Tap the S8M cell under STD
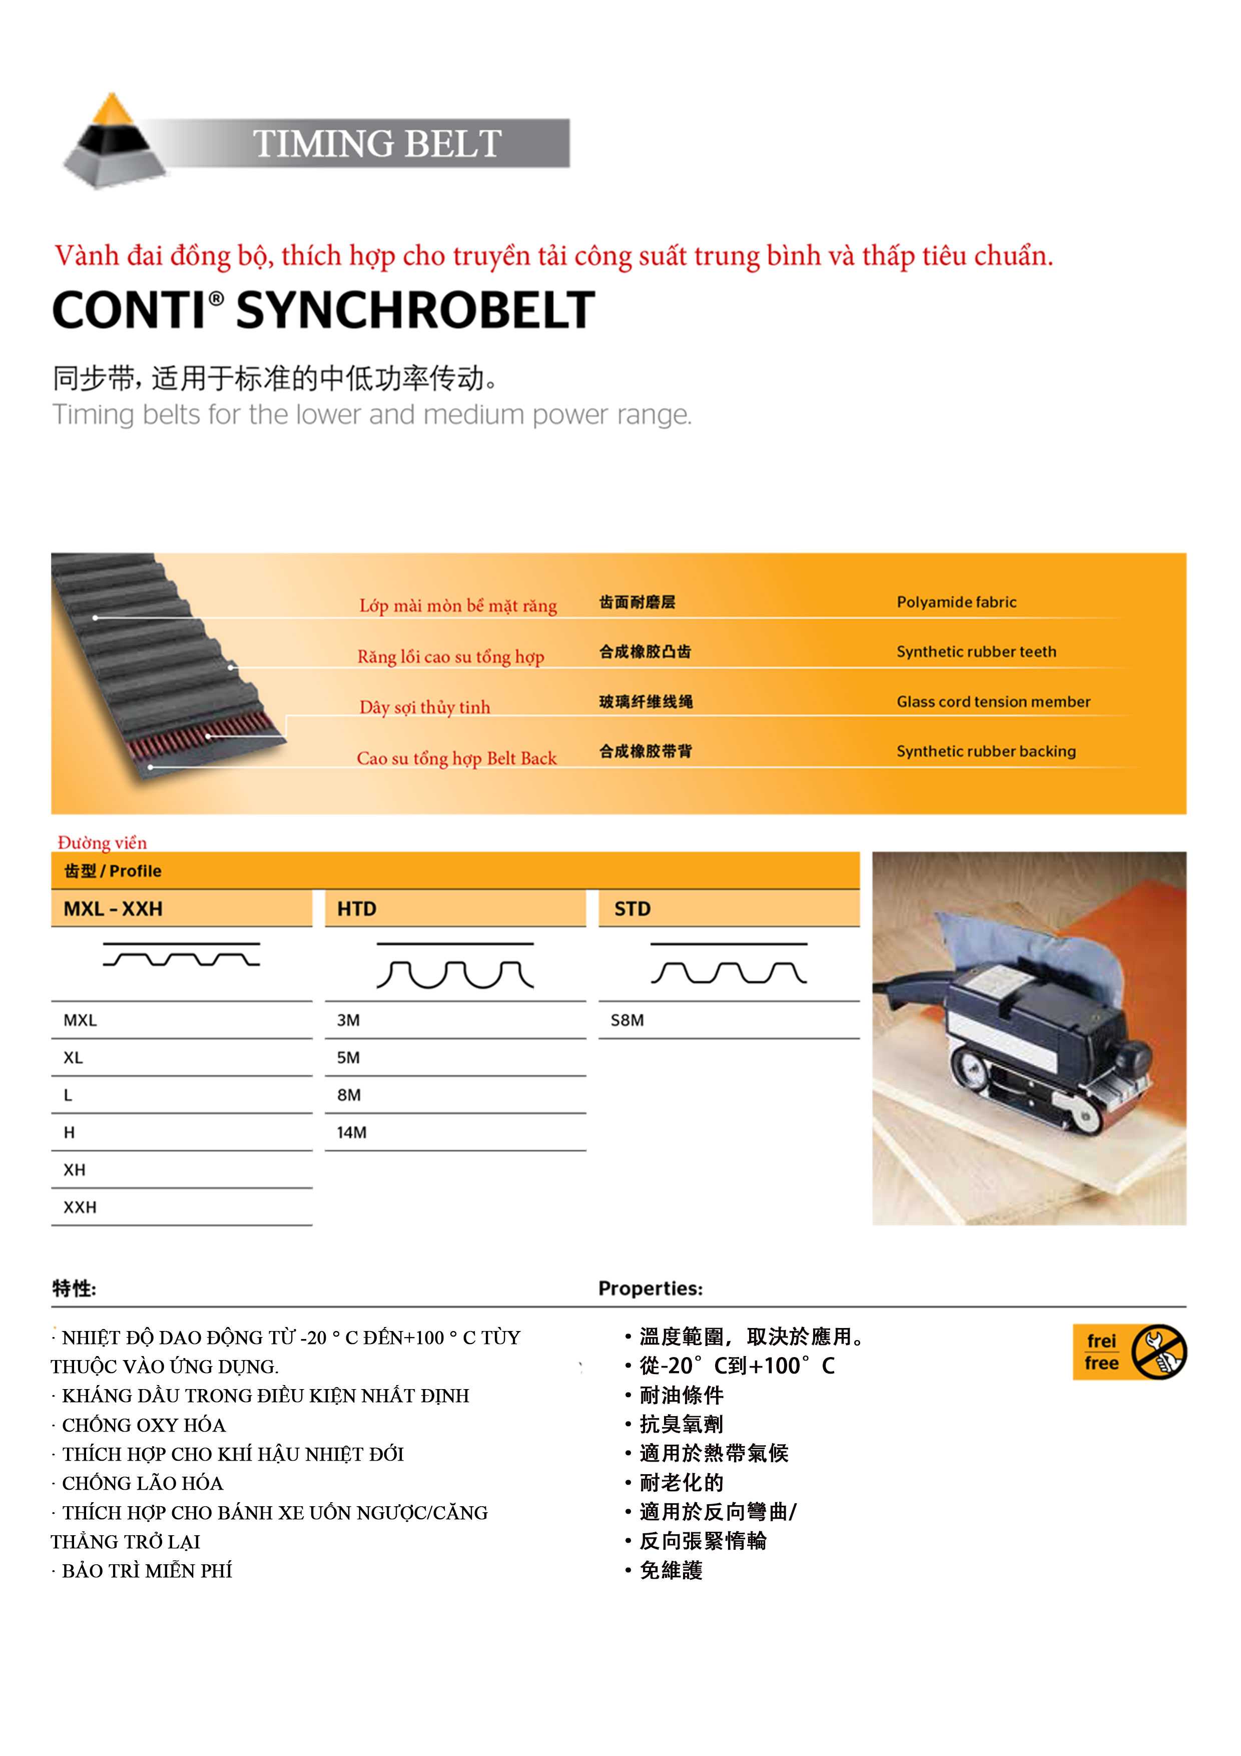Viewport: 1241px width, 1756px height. (627, 1020)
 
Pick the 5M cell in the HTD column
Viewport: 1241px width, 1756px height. (349, 1058)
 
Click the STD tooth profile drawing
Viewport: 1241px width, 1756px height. (729, 965)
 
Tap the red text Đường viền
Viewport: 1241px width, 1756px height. (103, 843)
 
